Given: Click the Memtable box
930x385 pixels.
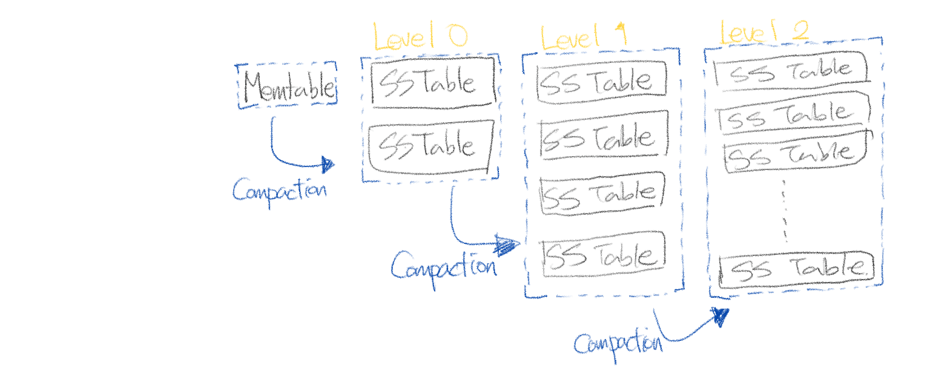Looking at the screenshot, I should (x=288, y=86).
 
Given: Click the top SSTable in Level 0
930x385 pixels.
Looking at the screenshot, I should (x=432, y=84).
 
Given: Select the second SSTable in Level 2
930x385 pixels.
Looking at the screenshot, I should (x=793, y=112).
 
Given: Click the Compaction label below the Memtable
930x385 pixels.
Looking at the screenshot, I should (x=279, y=191).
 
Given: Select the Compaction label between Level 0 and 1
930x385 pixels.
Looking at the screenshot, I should (x=443, y=266).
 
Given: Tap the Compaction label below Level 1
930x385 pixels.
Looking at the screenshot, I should (x=617, y=343).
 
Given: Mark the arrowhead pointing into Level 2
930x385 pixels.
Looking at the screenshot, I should (x=721, y=315).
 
